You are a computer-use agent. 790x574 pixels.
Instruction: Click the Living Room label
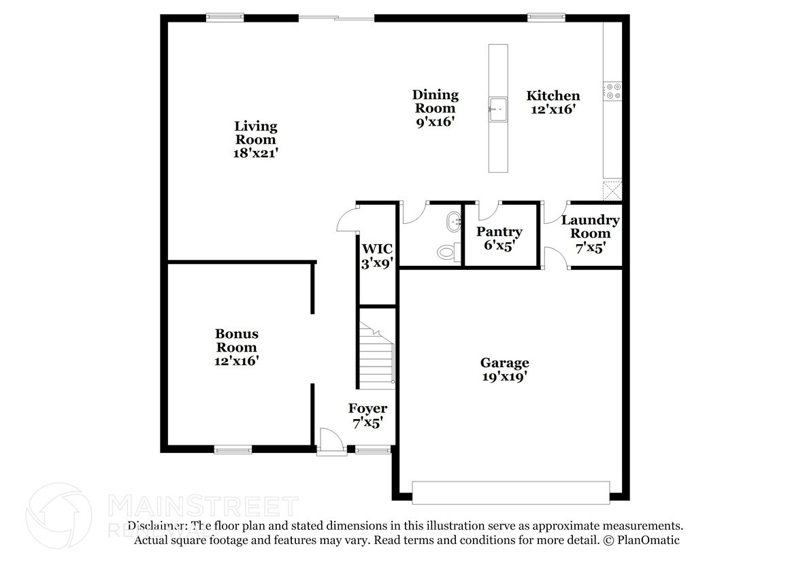256,139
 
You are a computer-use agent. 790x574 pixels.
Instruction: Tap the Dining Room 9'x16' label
435,108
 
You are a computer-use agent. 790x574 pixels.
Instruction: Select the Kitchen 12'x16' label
553,102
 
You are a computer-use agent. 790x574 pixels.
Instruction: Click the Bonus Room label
236,347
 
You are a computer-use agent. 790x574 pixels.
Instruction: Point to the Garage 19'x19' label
504,369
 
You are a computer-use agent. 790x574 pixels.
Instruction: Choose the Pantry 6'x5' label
499,239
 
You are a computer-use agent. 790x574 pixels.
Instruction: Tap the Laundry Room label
590,233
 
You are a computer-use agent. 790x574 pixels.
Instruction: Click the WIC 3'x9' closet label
378,256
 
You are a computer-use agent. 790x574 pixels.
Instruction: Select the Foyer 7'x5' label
367,415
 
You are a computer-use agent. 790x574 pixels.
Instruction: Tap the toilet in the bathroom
446,252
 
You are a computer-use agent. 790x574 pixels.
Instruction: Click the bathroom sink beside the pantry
453,221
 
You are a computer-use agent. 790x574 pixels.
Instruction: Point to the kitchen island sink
497,107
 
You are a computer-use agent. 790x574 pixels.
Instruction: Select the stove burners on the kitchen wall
612,91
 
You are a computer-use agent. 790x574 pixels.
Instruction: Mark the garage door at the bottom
510,492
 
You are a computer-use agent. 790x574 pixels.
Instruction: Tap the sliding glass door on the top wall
337,18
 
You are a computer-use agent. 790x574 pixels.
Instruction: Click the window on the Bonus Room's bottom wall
233,449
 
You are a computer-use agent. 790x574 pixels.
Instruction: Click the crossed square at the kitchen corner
612,189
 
